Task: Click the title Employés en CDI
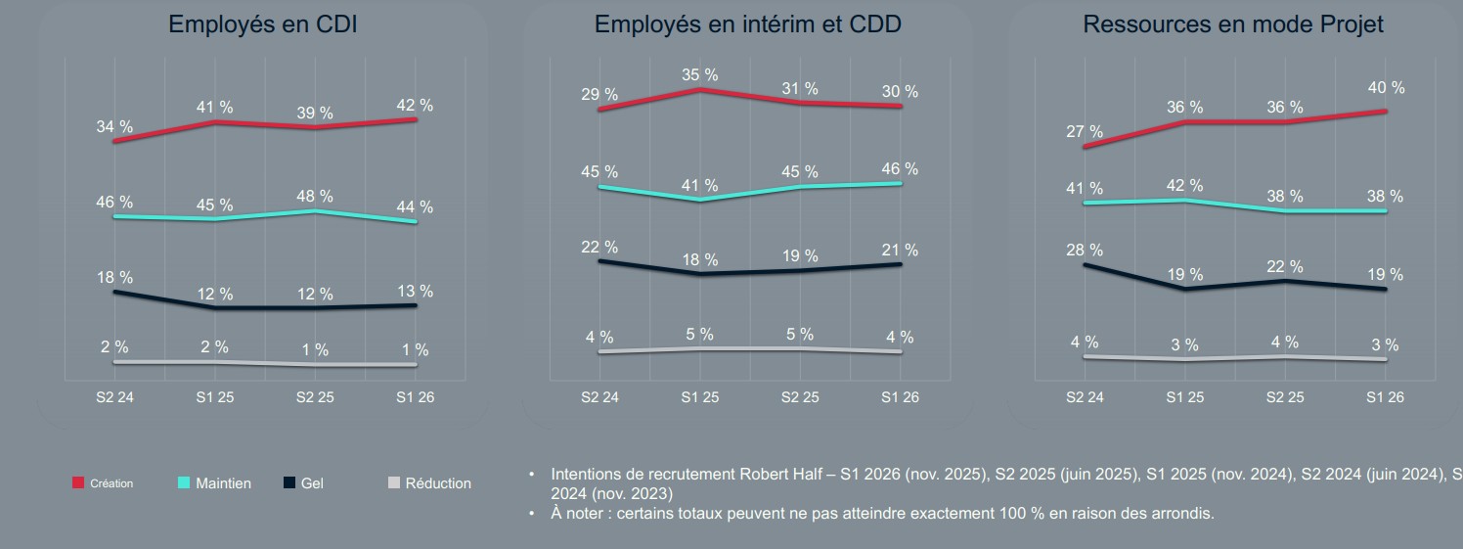pos(262,25)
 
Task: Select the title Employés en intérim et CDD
pos(748,25)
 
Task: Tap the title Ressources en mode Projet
pos(1233,25)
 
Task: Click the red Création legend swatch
pos(78,483)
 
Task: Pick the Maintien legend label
pos(223,483)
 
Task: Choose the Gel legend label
pos(312,483)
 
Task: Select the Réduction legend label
pos(438,483)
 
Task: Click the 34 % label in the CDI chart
pos(114,127)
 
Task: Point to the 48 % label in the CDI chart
pos(315,197)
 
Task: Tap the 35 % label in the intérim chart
pos(699,75)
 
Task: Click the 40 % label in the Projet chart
pos(1385,88)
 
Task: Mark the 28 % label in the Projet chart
pos(1085,251)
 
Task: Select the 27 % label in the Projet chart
pos(1085,132)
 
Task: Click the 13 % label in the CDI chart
pos(415,292)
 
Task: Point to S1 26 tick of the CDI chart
pos(415,397)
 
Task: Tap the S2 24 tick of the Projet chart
pos(1085,397)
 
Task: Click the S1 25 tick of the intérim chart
pos(699,397)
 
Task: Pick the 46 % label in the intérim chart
pos(899,169)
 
